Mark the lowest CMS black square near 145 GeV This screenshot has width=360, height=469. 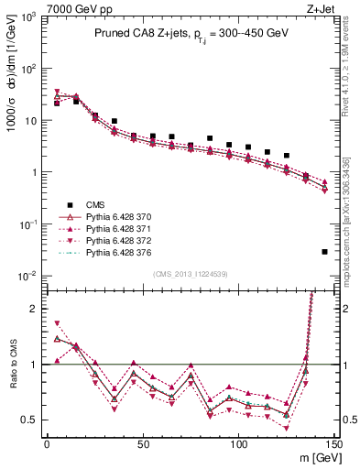point(325,251)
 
